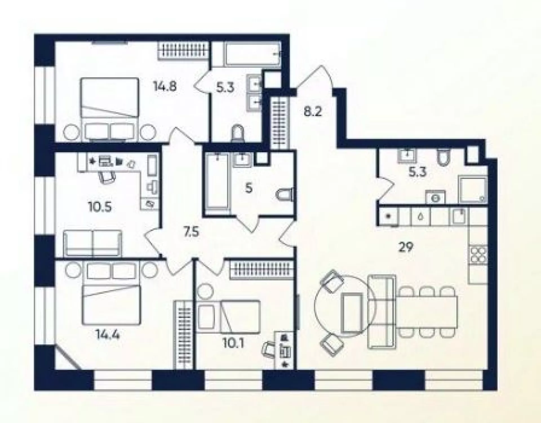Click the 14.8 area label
[x=165, y=86]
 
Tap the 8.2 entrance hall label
[x=313, y=112]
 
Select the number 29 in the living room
[x=406, y=247]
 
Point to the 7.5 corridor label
[x=191, y=233]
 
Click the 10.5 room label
[x=100, y=207]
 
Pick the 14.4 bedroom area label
[x=108, y=335]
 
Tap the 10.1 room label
[x=233, y=343]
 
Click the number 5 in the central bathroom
[x=249, y=188]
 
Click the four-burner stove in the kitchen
[x=478, y=255]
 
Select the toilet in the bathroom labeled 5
[x=285, y=195]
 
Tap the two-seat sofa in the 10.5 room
[x=93, y=243]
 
